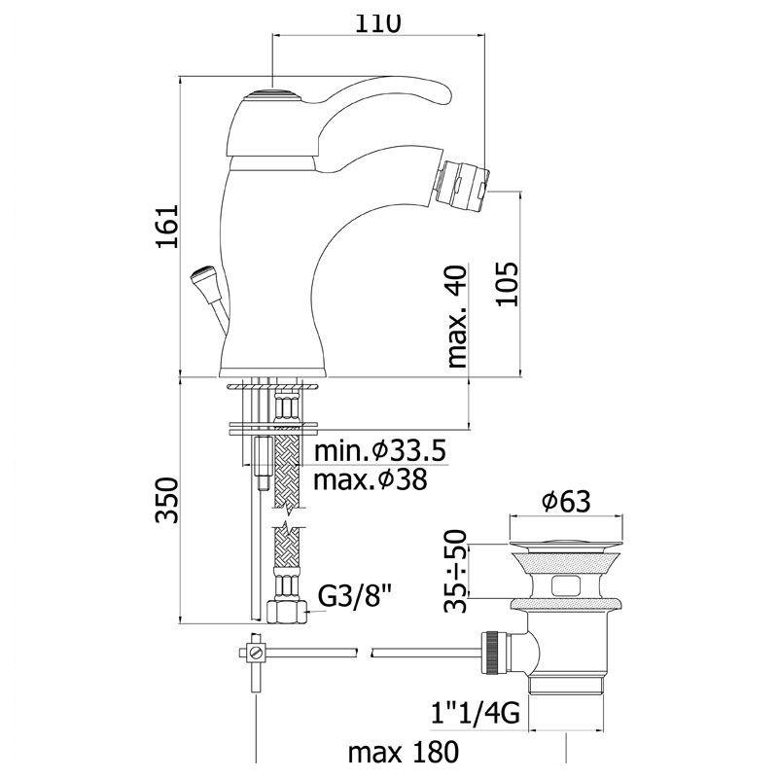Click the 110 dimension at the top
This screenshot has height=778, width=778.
coord(377,22)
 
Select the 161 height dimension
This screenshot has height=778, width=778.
coord(167,226)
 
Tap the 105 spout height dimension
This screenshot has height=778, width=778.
coord(507,284)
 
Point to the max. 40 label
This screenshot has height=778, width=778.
coord(457,316)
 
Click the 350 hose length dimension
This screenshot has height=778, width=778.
coord(166,500)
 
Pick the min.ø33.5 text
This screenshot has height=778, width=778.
coord(380,450)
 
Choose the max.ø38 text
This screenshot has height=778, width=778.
coord(371,479)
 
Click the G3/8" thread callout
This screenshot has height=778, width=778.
coord(355,596)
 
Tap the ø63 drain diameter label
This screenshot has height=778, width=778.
coord(566,502)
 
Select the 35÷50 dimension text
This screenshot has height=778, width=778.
coord(456,571)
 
